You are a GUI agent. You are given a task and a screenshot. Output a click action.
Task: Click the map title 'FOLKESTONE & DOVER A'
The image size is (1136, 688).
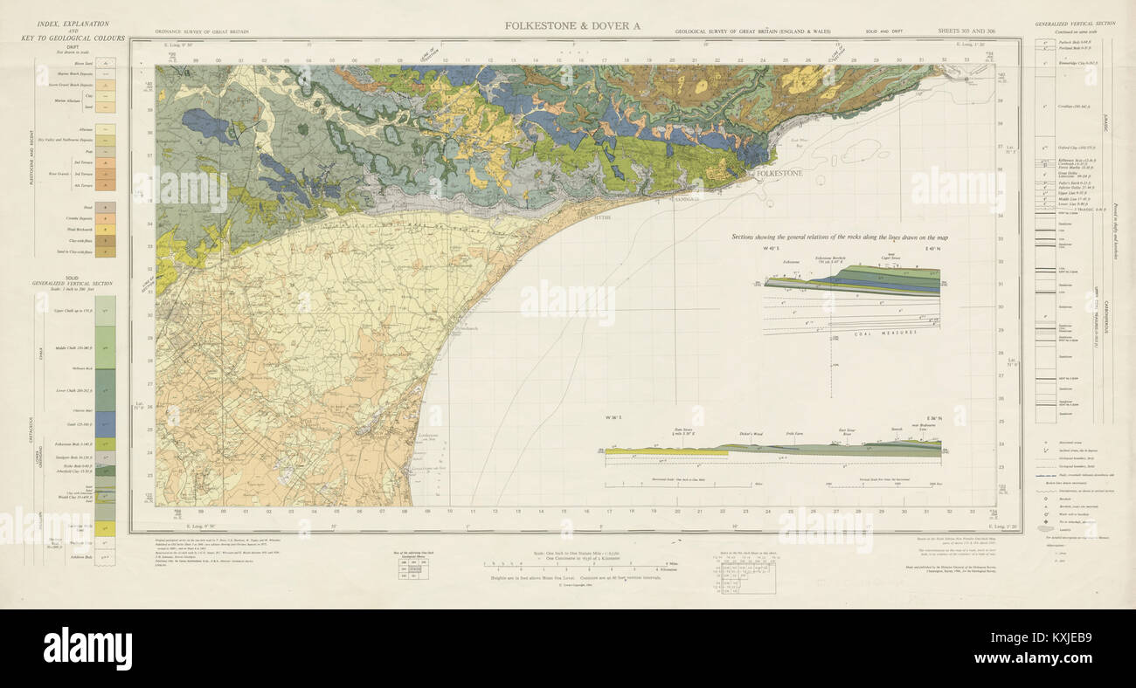pyautogui.click(x=572, y=25)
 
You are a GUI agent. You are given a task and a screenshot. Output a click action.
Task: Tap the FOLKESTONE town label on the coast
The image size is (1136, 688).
pyautogui.click(x=779, y=174)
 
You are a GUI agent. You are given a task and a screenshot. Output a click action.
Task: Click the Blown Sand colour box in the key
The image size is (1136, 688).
pyautogui.click(x=107, y=63)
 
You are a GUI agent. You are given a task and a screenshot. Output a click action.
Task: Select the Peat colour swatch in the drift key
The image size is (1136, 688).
pyautogui.click(x=107, y=151)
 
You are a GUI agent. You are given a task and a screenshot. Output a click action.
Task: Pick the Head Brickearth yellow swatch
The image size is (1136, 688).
pyautogui.click(x=107, y=230)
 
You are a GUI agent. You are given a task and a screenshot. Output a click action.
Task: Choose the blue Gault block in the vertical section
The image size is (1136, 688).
pyautogui.click(x=105, y=424)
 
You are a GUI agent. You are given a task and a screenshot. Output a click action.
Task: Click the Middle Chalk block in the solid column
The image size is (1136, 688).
pyautogui.click(x=105, y=347)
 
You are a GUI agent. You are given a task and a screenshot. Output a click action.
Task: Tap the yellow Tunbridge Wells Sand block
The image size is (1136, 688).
pyautogui.click(x=105, y=527)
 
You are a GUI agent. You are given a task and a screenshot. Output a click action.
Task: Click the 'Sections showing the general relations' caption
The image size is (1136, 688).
pyautogui.click(x=838, y=237)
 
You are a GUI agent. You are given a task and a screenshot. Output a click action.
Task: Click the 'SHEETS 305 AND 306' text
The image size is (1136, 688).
pyautogui.click(x=966, y=31)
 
